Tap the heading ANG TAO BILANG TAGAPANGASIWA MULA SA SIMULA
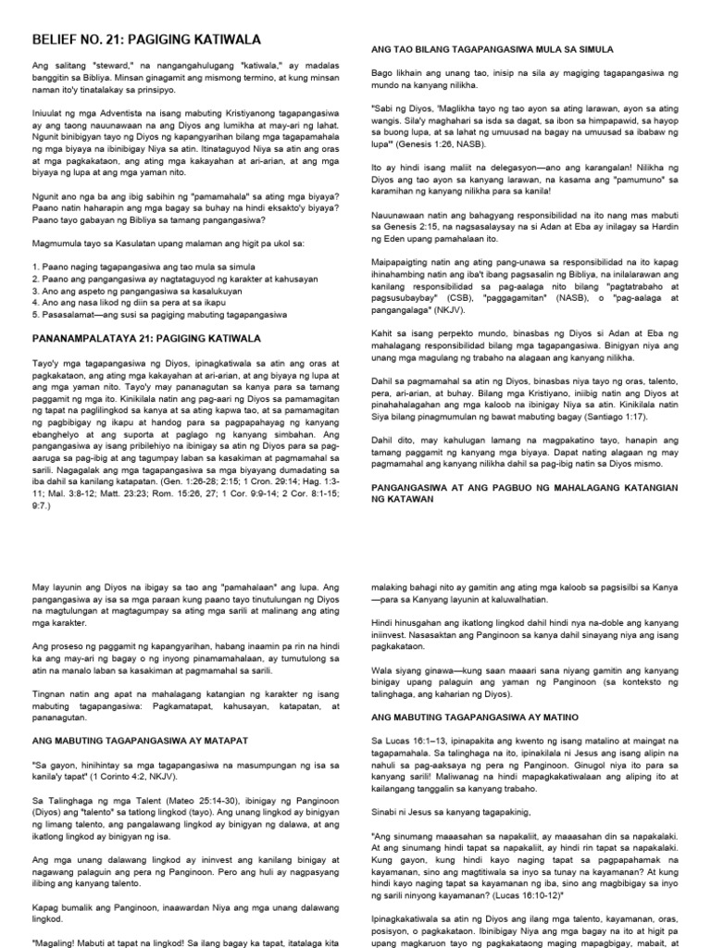click(x=493, y=48)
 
